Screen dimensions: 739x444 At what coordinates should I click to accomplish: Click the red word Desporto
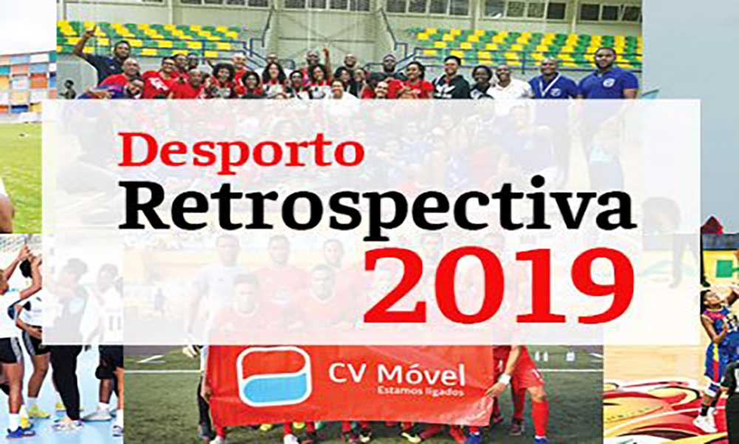tap(242, 151)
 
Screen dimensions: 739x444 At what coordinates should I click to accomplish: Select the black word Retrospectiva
tap(377, 208)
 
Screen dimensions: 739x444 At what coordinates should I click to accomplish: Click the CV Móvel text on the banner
tap(397, 374)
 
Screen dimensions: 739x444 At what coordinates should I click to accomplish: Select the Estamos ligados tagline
tap(420, 391)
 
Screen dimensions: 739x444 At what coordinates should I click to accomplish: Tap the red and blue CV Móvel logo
tap(274, 376)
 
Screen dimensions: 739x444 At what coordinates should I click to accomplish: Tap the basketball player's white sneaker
tap(705, 423)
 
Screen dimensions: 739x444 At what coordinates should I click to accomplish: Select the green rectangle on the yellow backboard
tap(725, 269)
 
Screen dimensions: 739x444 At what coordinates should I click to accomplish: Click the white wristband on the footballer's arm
tap(505, 379)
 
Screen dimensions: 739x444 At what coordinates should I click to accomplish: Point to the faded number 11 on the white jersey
tap(116, 323)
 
